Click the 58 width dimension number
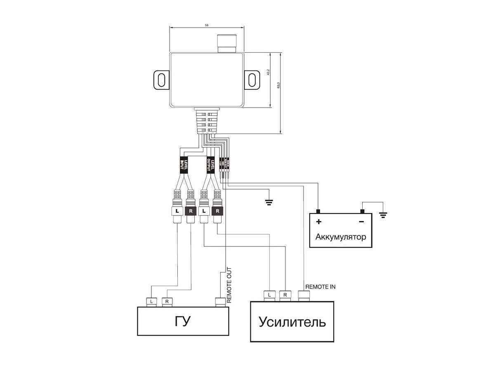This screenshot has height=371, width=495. [x=207, y=26]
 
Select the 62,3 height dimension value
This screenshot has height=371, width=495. [x=279, y=85]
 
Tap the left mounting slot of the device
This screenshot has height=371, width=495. [x=161, y=79]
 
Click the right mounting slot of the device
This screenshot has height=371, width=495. [x=252, y=79]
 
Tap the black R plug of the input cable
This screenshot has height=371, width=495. [x=190, y=211]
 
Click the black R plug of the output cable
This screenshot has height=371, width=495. [x=217, y=211]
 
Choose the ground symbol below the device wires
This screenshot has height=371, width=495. [x=269, y=202]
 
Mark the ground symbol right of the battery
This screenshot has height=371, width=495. [x=383, y=214]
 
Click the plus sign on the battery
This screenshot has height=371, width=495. [x=318, y=222]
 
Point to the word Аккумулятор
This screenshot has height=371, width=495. [x=341, y=237]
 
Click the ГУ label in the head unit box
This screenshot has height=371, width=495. [x=183, y=321]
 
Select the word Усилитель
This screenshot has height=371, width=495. [x=292, y=322]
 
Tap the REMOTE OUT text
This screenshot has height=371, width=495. [x=229, y=285]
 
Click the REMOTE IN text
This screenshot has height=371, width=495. [x=320, y=286]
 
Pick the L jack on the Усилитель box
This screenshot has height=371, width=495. [x=269, y=295]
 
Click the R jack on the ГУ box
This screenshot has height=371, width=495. [x=167, y=301]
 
